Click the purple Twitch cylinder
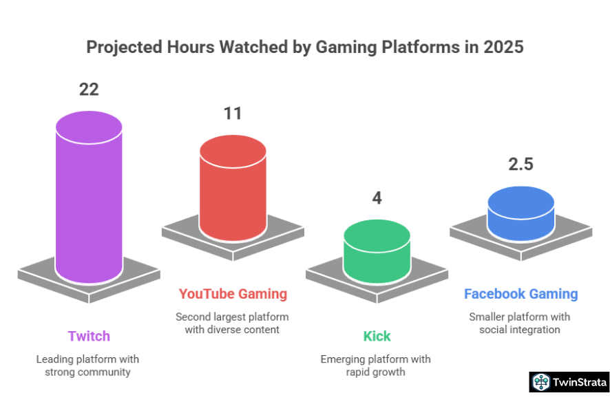point(89,200)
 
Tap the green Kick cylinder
point(377,252)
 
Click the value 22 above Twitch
point(89,89)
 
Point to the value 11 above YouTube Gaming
point(233,113)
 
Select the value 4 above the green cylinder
point(377,198)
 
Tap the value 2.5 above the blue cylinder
point(521,165)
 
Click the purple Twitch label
point(89,336)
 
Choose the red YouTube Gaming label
point(233,294)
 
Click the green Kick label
point(377,336)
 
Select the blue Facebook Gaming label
point(521,294)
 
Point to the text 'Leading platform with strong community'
point(89,366)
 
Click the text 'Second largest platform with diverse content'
point(233,323)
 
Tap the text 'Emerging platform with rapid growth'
point(377,366)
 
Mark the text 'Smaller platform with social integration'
point(521,323)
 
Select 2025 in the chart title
point(503,48)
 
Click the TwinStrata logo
point(569,382)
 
